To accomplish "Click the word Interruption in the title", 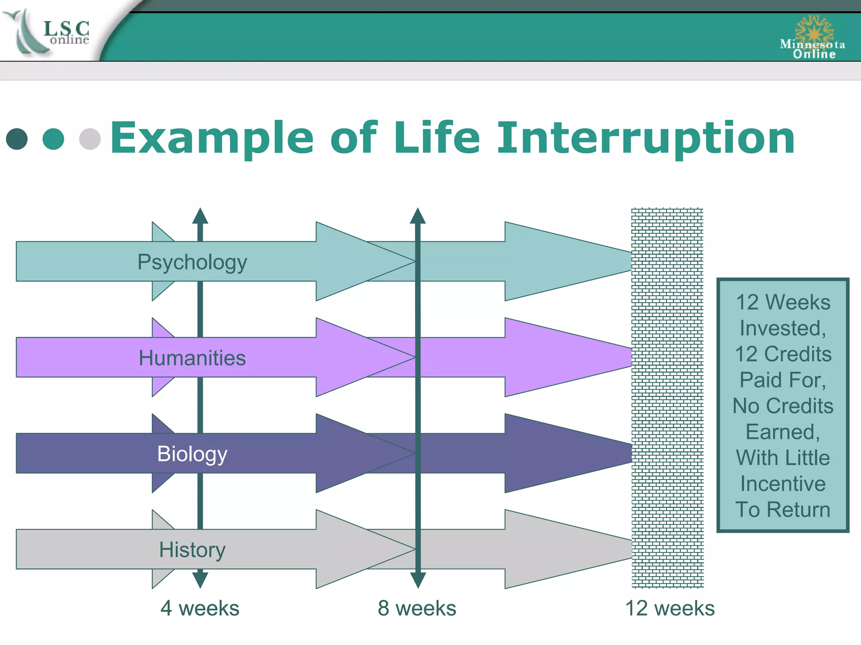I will pos(646,138).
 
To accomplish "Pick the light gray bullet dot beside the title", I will pos(90,139).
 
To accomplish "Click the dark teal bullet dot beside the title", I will pos(17,139).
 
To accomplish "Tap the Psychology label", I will pos(192,262).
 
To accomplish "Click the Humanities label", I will pos(192,358).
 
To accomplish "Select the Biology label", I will pos(192,454).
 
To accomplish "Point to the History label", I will pos(192,550).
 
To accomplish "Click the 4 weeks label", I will pos(200,608).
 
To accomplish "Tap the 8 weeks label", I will pos(417,608).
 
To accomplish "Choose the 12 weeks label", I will pos(670,608).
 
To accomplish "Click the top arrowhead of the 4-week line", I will pos(200,216).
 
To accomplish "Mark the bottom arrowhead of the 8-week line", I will pos(417,580).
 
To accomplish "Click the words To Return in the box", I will pos(783,510).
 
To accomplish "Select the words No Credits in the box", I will pos(783,406).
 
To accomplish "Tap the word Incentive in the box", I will pos(783,484).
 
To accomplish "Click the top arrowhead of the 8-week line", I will pos(417,216).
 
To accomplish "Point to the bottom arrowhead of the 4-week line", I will pos(200,580).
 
